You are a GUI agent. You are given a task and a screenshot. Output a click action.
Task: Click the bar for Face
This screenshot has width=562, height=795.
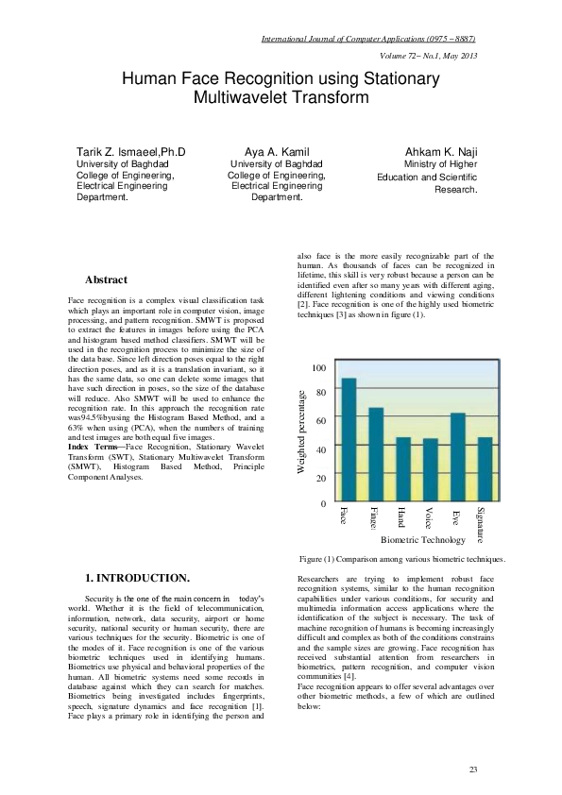(x=349, y=440)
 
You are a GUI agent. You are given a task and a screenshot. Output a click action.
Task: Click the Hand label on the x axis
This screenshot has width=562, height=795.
(x=401, y=516)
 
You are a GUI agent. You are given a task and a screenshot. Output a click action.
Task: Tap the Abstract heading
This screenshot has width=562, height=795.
(x=107, y=280)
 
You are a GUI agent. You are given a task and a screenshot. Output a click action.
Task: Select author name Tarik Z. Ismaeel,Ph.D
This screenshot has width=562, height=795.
(x=130, y=151)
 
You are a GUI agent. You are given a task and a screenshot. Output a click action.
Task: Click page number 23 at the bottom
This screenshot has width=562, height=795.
(x=472, y=771)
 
